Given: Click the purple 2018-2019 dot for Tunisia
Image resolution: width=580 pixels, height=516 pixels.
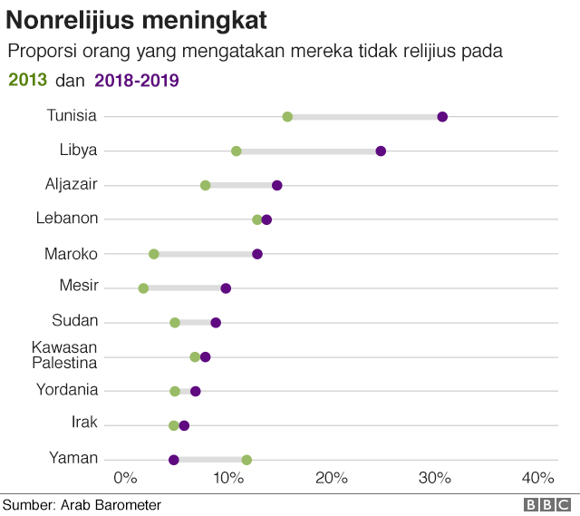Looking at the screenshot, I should coord(442,116).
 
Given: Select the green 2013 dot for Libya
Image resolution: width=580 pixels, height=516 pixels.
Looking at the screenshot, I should coord(237,151).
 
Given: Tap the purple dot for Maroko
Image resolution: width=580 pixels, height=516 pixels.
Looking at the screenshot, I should coord(257,254).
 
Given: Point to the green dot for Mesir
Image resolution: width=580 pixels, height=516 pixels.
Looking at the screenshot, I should coord(143,288).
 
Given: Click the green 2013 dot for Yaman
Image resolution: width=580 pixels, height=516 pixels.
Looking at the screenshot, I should coord(246,460).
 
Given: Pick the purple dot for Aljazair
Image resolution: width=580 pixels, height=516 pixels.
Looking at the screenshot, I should coord(277,185).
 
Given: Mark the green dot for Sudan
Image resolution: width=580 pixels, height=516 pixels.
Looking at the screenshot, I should coord(175,323).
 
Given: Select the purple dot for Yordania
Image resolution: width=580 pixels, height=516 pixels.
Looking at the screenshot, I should coord(196,391).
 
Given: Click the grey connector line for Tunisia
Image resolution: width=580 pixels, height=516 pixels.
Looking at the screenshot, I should coord(362,116).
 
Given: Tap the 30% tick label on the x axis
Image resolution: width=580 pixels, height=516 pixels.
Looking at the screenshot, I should coord(435,479).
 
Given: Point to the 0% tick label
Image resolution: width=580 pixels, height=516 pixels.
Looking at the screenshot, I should coord(124,479).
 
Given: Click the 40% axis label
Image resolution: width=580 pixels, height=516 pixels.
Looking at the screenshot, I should coord(538,479).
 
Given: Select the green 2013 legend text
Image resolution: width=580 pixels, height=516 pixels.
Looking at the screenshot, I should coord(27,80).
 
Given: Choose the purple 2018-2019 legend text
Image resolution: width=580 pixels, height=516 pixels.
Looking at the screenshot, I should coord(137,80).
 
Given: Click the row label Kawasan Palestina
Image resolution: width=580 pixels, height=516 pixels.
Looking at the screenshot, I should coord(64,355).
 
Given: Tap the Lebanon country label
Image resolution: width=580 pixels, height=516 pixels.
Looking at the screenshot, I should coord(67,218).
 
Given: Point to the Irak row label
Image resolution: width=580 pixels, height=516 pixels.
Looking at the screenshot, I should coord(84,423).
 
